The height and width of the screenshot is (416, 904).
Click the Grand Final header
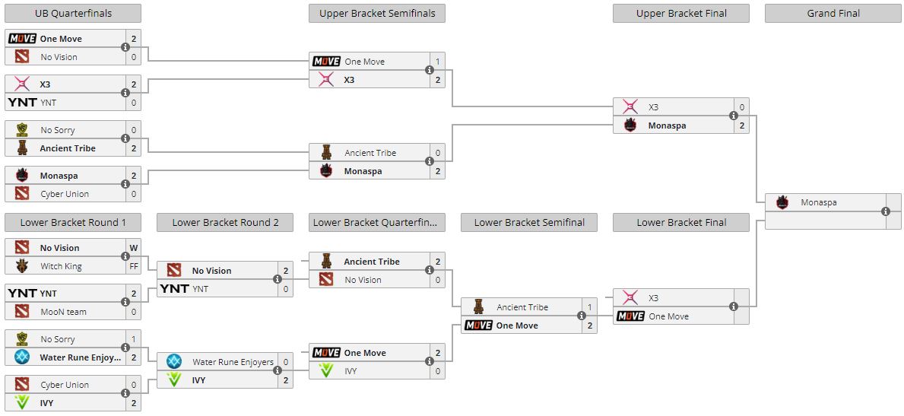[x=833, y=13]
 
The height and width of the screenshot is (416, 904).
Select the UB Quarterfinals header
[x=72, y=13]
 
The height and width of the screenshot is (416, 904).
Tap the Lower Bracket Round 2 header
[x=225, y=223]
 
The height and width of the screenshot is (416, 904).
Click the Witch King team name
[x=61, y=266]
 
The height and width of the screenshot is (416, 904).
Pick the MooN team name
[x=63, y=312]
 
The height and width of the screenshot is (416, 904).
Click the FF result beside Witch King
[x=134, y=266]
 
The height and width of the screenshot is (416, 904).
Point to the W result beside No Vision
[x=134, y=248]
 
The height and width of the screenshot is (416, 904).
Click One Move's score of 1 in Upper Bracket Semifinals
[x=438, y=62]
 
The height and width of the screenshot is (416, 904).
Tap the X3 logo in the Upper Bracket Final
[x=630, y=107]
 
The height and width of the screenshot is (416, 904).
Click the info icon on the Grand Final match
[x=886, y=211]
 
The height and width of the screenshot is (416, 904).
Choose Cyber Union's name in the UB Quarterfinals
[x=65, y=194]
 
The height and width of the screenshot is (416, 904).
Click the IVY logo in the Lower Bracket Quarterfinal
[x=326, y=371]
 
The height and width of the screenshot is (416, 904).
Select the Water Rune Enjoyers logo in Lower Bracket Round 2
[x=174, y=362]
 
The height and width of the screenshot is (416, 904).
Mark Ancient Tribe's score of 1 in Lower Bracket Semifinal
[x=590, y=307]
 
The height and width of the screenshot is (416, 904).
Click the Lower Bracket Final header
[x=681, y=223]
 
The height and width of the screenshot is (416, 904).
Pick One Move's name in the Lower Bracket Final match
[x=668, y=316]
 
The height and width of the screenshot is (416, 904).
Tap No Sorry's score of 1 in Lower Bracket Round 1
[x=134, y=339]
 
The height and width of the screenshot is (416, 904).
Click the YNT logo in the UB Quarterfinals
[x=22, y=103]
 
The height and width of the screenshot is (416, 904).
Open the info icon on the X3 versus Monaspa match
[x=734, y=116]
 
